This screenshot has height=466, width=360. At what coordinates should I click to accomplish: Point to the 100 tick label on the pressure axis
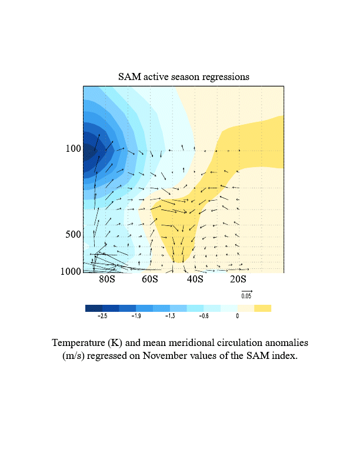tap(73, 149)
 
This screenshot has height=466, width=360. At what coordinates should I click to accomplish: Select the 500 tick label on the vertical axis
tap(73, 235)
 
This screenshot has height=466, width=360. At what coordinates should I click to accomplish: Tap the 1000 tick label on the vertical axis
tap(71, 271)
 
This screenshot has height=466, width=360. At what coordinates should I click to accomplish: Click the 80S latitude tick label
tap(107, 279)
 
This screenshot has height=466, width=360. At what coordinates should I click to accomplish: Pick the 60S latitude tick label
tap(150, 279)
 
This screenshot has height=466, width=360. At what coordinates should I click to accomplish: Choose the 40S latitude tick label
tap(195, 279)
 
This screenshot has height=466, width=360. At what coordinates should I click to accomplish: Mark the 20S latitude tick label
tap(238, 279)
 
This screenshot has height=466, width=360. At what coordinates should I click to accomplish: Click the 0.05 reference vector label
tap(246, 296)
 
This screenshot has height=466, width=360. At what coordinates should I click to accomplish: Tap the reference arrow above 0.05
tap(246, 291)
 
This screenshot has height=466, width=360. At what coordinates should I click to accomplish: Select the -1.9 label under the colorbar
tap(136, 316)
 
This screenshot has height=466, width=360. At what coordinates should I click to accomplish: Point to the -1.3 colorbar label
tap(169, 316)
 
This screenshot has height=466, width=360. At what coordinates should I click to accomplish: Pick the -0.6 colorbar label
tap(204, 316)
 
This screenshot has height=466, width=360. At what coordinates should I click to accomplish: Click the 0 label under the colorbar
tap(237, 316)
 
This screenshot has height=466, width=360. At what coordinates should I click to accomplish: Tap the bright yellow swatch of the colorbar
tap(262, 308)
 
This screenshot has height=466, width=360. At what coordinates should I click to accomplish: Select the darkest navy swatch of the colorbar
tap(94, 308)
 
